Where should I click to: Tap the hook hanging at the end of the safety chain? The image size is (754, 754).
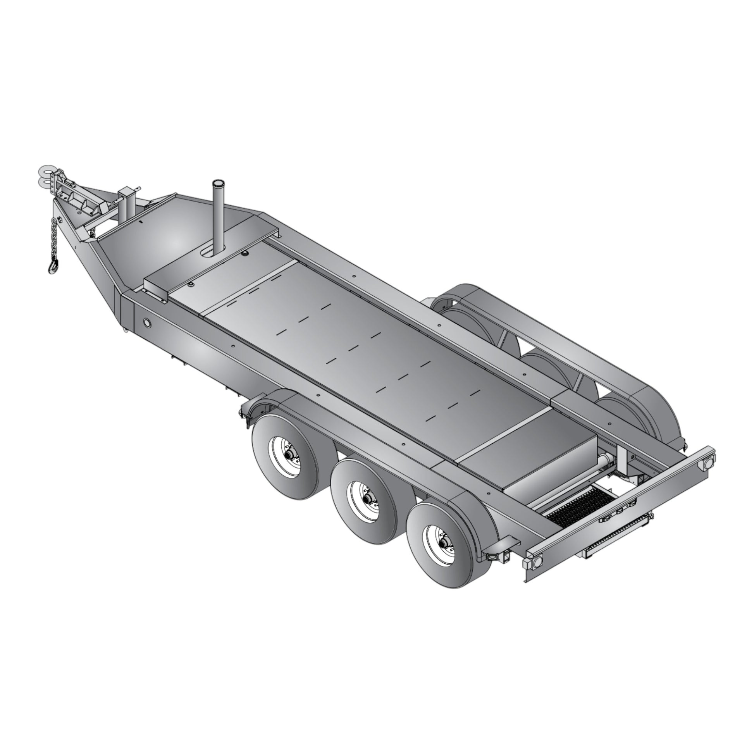(x=53, y=266)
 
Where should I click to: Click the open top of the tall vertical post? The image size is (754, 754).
(x=217, y=183)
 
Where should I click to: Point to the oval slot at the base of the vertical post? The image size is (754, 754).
(x=211, y=253)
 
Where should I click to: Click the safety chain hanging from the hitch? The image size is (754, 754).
(x=54, y=238)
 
